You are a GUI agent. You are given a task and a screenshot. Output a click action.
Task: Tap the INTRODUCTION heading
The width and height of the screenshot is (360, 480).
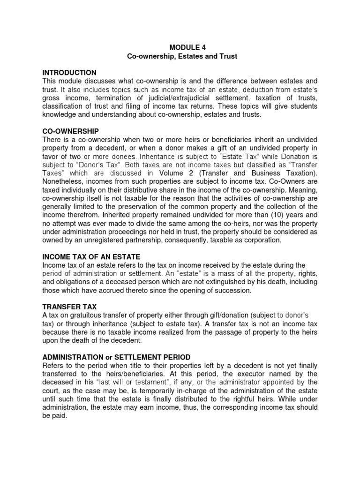point(69,73)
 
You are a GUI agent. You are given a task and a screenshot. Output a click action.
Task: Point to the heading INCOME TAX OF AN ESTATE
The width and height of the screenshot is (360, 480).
point(91,257)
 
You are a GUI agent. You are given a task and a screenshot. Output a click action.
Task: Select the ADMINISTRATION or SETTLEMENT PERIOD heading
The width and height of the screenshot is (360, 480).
point(116,357)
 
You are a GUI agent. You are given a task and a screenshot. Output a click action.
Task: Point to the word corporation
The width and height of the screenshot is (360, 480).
point(262,240)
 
